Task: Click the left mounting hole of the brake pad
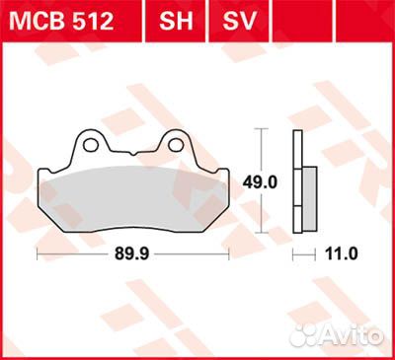click(91, 146)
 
